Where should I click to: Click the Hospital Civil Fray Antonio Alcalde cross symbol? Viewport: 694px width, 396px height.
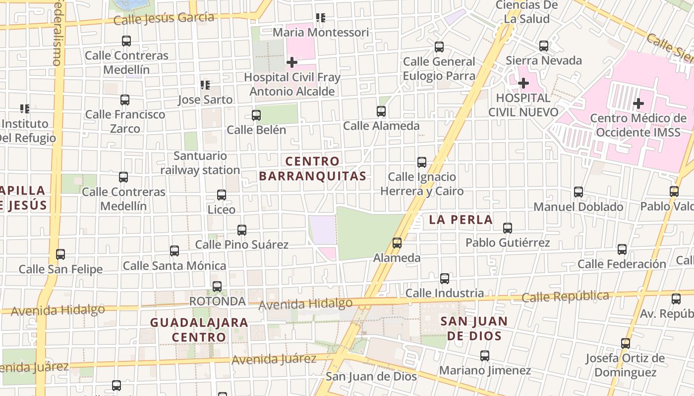(x=292, y=62)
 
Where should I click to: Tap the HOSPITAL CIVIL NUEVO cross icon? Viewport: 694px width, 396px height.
(x=523, y=83)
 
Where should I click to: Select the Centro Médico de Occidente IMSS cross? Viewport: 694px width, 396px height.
(x=638, y=103)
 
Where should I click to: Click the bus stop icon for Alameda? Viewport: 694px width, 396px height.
(x=397, y=243)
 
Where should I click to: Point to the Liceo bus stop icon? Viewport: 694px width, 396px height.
(x=222, y=195)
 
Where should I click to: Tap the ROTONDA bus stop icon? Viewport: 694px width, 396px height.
(x=217, y=287)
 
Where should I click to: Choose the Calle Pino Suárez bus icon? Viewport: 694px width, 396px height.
(x=242, y=230)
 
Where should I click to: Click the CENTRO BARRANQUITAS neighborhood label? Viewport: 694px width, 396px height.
(x=312, y=168)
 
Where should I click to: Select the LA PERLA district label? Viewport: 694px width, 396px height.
(x=461, y=220)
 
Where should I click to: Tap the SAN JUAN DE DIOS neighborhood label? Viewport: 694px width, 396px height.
(x=474, y=328)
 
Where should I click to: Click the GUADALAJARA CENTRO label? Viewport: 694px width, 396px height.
(x=199, y=330)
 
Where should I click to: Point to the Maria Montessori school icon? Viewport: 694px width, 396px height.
(x=321, y=18)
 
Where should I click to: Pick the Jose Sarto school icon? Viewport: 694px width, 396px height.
(x=205, y=85)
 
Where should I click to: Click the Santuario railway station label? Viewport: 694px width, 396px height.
(x=200, y=163)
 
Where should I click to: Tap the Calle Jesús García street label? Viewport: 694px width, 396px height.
(x=164, y=19)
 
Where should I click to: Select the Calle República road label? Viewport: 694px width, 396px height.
(x=565, y=297)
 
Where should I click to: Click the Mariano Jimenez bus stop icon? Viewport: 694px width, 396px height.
(x=485, y=356)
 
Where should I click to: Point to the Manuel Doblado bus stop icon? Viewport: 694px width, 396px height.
(x=578, y=192)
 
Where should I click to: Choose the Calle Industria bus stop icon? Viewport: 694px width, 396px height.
(x=445, y=279)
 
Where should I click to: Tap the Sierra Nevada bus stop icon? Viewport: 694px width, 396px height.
(x=544, y=46)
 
